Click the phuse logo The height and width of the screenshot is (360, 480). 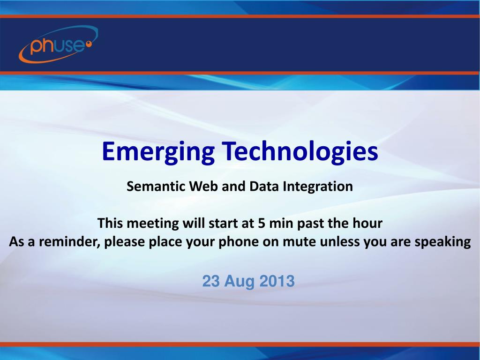click(x=59, y=45)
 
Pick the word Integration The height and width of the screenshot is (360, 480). click(x=318, y=187)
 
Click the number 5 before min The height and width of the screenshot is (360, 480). click(x=262, y=223)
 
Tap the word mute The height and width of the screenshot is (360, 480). click(x=299, y=242)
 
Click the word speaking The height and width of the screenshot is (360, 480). click(x=442, y=242)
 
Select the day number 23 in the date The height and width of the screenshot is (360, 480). click(x=211, y=281)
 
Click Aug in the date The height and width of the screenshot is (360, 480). click(x=240, y=282)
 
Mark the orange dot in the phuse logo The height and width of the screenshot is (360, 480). click(x=89, y=45)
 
